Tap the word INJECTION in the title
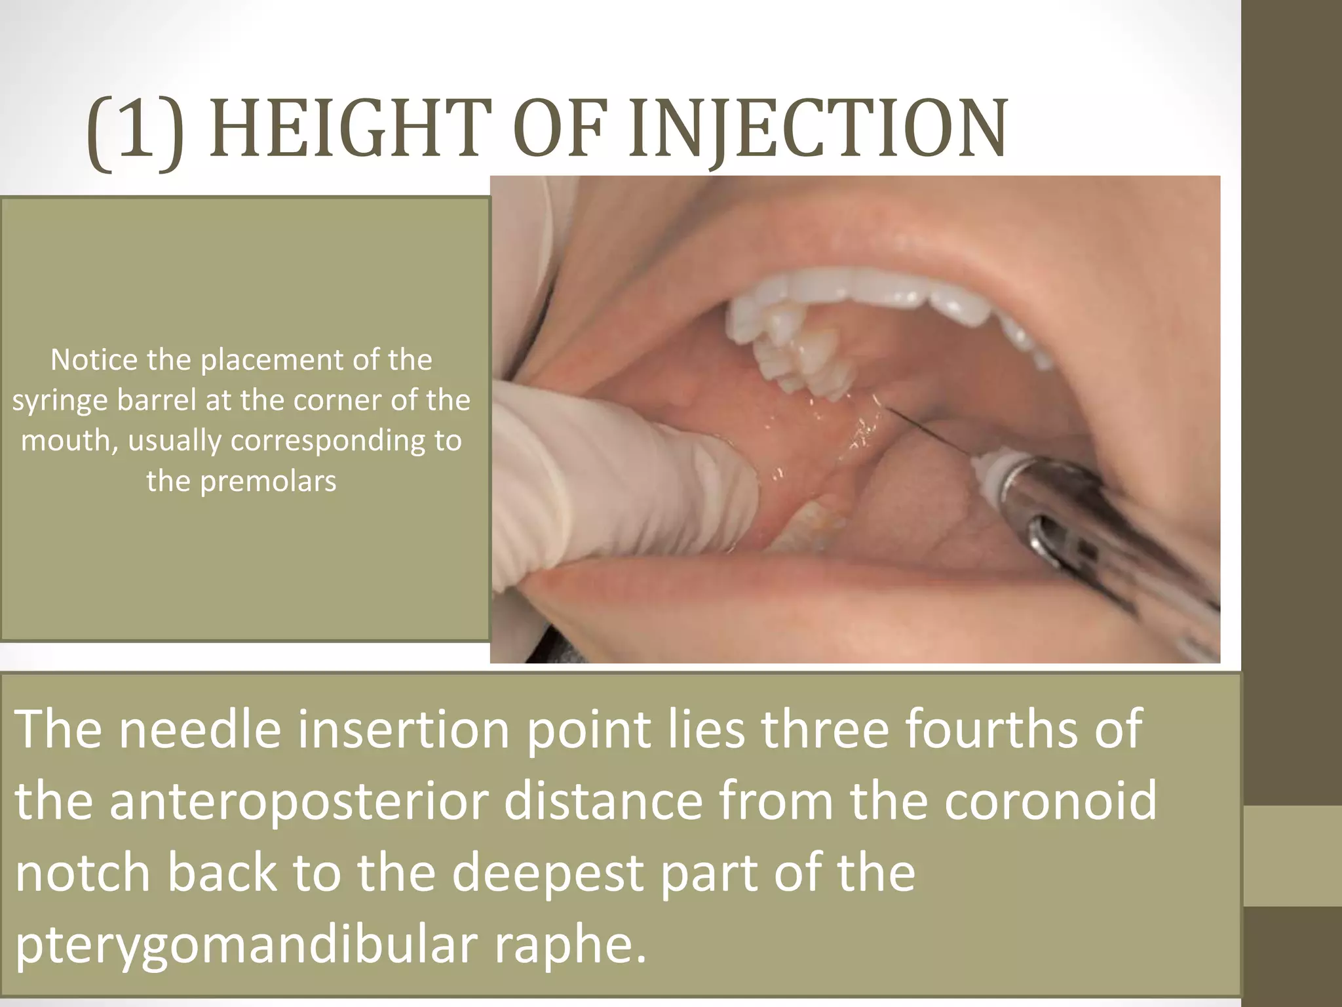tap(818, 130)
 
